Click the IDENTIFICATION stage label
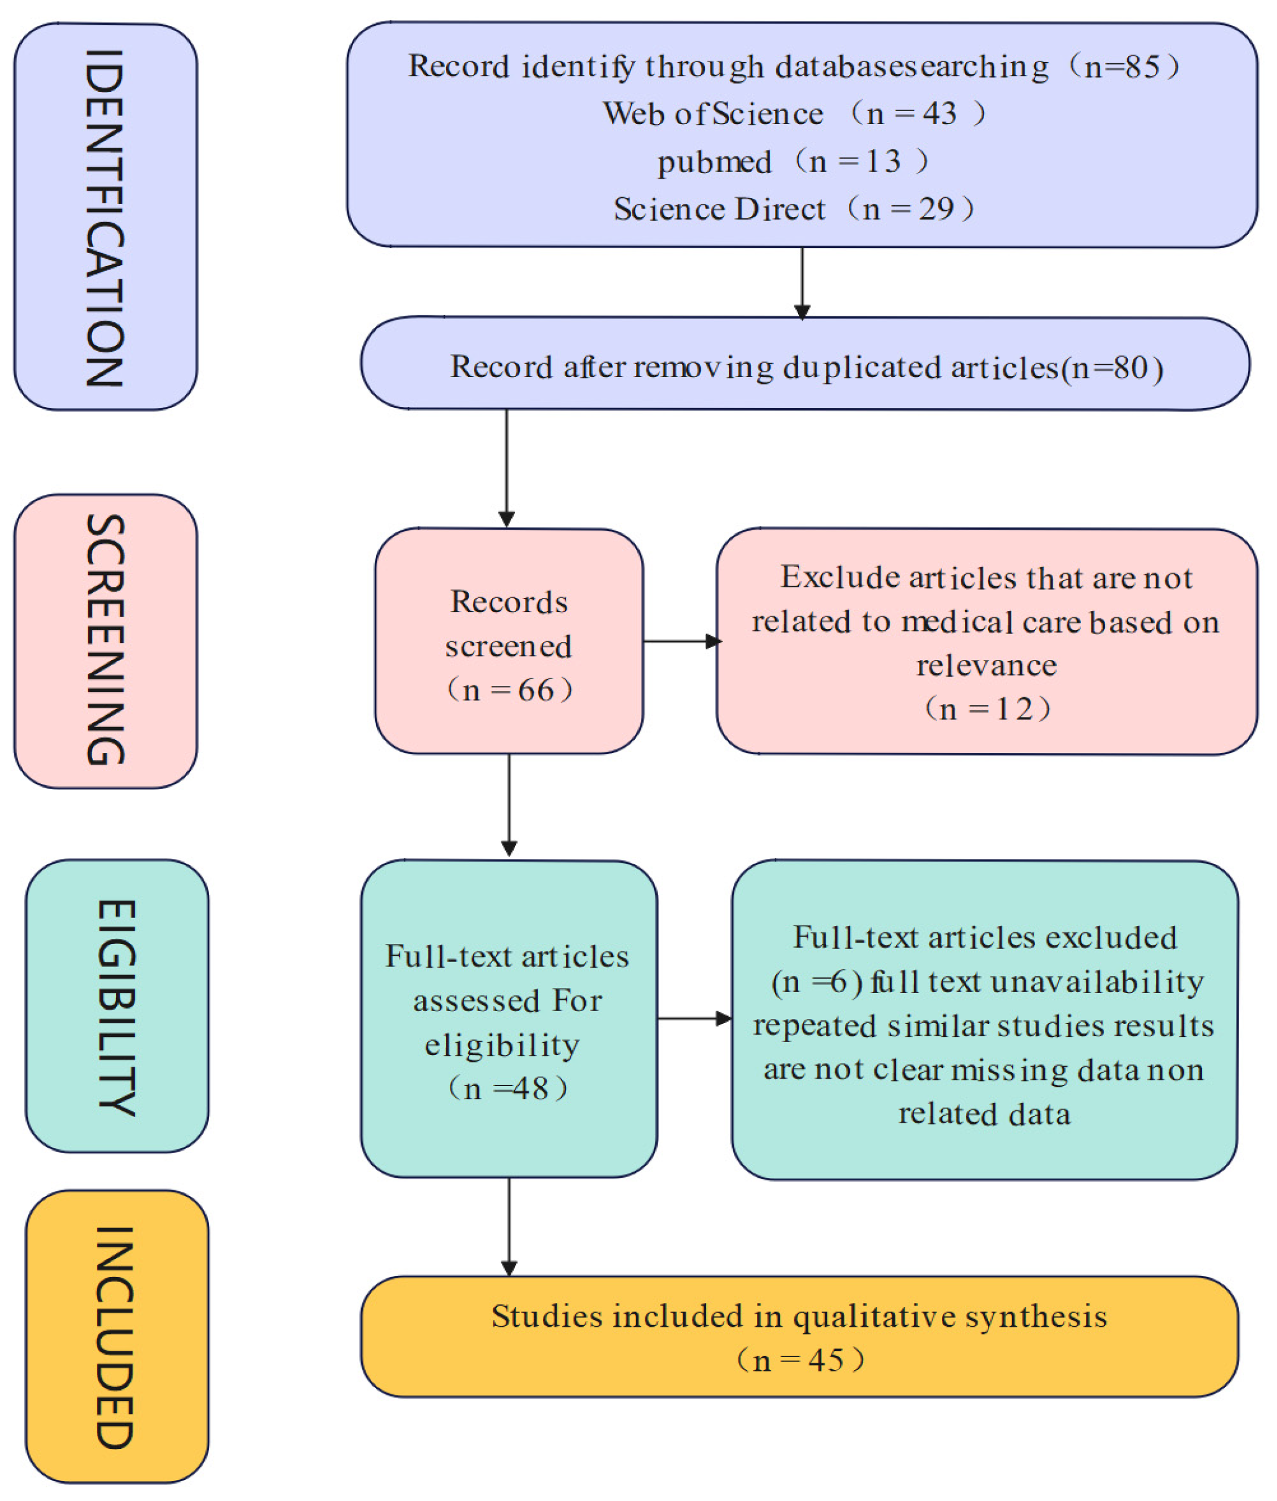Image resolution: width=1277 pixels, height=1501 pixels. [x=105, y=217]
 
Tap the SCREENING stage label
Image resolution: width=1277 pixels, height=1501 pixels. [x=105, y=641]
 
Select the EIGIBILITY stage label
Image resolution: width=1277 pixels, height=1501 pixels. [x=117, y=1007]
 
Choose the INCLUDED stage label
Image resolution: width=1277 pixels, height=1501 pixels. [x=116, y=1337]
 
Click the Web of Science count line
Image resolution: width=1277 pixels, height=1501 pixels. [x=794, y=114]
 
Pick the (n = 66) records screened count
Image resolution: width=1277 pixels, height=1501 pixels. [x=509, y=690]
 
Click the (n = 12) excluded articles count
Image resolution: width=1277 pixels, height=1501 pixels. [x=987, y=708]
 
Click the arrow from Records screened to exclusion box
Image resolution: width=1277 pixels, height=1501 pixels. [x=681, y=641]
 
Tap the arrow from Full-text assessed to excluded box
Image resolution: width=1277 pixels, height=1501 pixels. [x=694, y=1019]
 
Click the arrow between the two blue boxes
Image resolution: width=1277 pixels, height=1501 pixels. [x=802, y=282]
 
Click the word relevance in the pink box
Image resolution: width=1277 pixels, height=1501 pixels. [x=986, y=665]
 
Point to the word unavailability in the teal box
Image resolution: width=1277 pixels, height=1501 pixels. [x=1097, y=982]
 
